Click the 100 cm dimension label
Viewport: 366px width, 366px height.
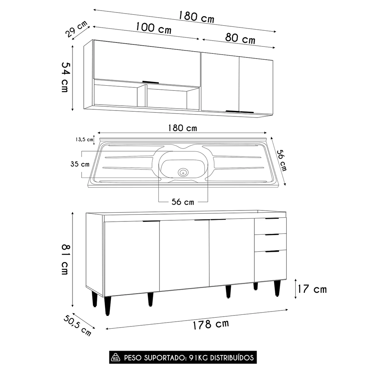[153, 28]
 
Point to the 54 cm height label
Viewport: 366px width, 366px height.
[65, 76]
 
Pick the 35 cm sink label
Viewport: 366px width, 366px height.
[80, 164]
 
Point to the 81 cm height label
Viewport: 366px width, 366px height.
[65, 260]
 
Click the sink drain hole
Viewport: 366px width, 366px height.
[183, 172]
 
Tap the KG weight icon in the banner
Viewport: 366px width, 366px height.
[116, 357]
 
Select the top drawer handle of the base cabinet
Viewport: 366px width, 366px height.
[272, 219]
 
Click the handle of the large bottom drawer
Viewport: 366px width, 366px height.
[272, 251]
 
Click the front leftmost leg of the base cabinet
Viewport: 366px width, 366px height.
[107, 305]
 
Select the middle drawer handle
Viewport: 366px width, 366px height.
[272, 234]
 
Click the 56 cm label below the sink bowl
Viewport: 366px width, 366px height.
[183, 202]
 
